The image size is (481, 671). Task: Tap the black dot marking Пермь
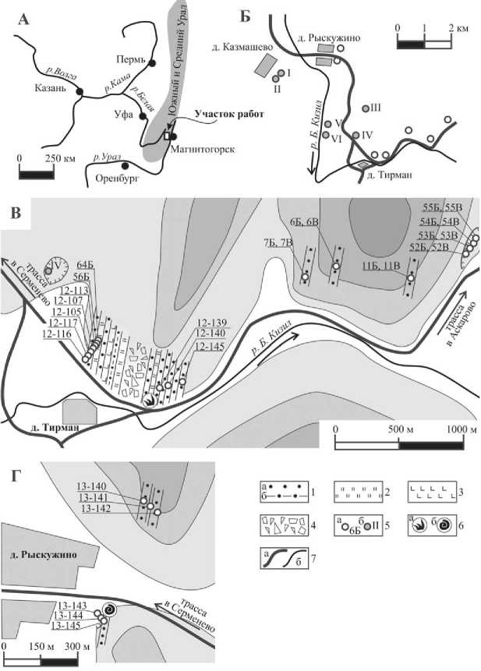153,62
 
